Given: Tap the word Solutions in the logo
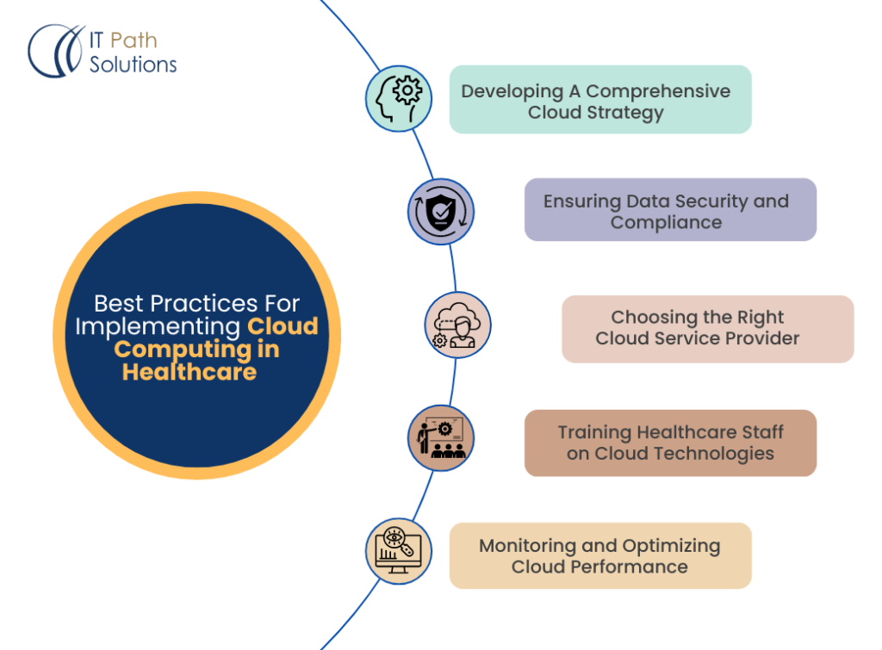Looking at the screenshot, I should pos(133,64).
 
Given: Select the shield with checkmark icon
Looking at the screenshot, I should pos(441,211).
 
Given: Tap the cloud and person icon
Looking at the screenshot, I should pos(457,325).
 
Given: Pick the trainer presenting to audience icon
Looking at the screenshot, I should pos(441,439).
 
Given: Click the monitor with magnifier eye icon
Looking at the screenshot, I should pos(398,552).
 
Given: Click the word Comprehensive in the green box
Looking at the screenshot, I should pos(658,91).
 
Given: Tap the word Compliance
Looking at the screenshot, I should pos(666,222).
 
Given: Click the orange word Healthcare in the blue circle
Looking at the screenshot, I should pos(189,372).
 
